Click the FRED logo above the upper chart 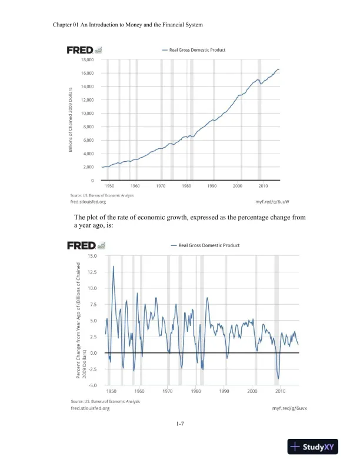tap(81, 49)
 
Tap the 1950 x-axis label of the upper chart tap(109, 185)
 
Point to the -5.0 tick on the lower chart tap(92, 385)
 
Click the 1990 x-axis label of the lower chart tap(224, 391)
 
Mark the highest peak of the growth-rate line tap(113, 267)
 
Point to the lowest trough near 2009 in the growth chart tap(279, 378)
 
